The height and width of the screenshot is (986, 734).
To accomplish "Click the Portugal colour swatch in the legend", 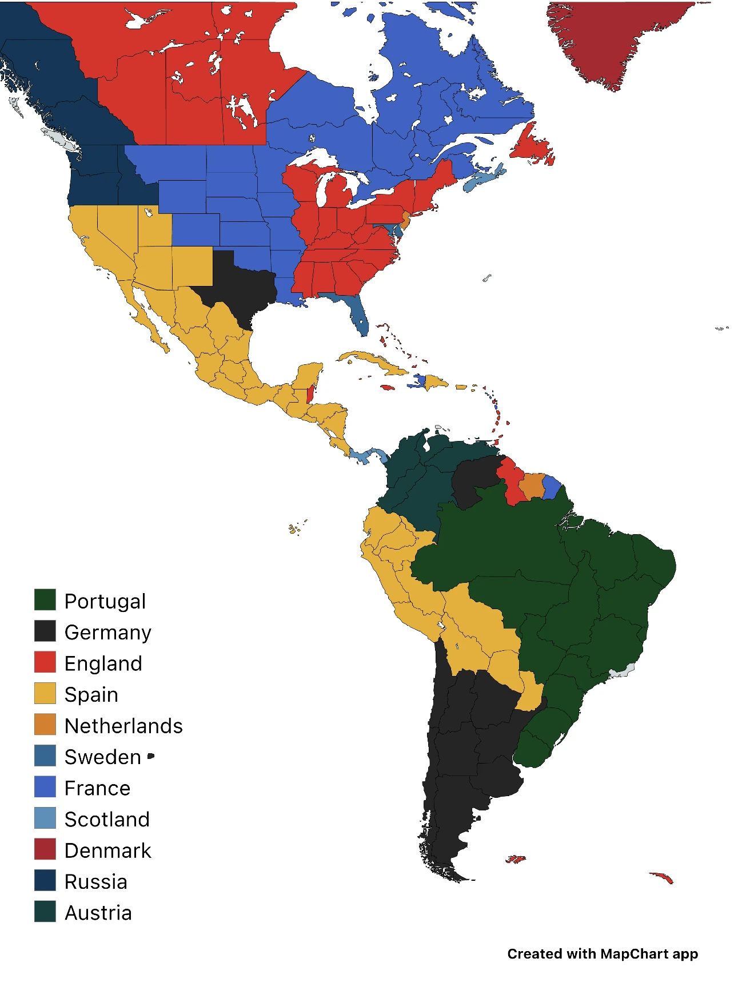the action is tap(45, 600).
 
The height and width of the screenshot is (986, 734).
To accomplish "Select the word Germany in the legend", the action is tap(107, 633).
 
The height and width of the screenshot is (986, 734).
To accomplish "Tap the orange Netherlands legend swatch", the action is tap(45, 725).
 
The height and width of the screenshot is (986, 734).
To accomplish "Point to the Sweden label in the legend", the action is tap(102, 757).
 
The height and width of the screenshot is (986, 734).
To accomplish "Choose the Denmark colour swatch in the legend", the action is tap(45, 849).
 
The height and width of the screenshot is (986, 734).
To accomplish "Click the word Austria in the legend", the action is tap(98, 913).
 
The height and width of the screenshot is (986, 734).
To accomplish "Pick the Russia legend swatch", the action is tap(45, 881).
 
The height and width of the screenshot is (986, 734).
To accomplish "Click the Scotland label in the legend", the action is tap(107, 820).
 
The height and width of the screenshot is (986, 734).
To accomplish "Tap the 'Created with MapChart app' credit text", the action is tap(603, 954).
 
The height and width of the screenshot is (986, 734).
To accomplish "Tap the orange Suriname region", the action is tap(532, 486).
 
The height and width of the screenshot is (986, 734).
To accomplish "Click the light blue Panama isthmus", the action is tap(366, 456).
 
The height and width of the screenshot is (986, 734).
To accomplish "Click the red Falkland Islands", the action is tap(515, 859).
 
